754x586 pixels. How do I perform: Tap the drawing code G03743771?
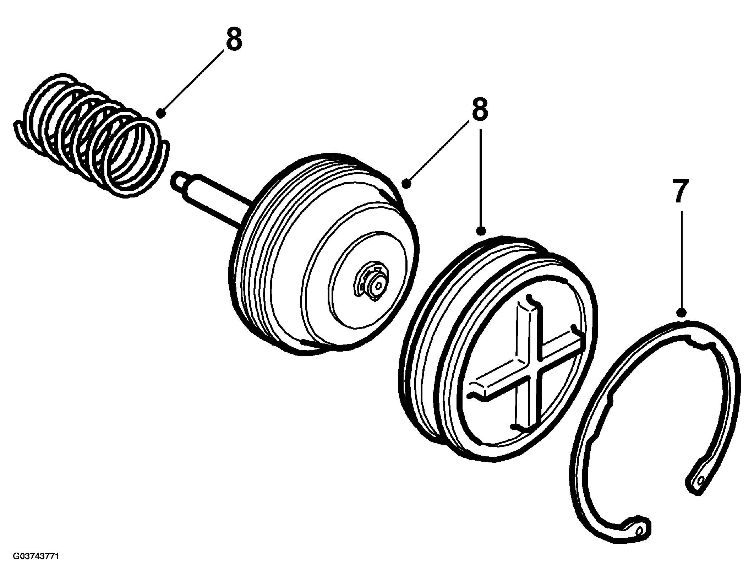35,566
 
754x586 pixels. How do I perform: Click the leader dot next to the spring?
161,113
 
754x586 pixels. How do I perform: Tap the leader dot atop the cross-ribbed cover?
481,231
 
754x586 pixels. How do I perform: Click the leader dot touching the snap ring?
681,313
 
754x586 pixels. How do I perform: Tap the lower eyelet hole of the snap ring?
639,540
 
